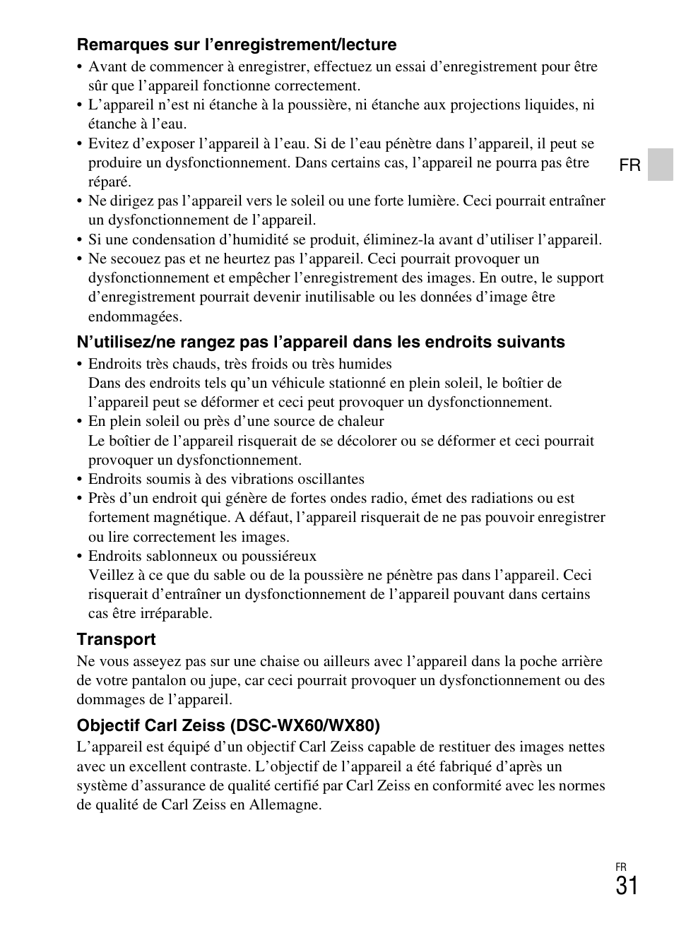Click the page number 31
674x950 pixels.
(626, 886)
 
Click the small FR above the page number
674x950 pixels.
(621, 867)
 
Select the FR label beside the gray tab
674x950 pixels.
(629, 165)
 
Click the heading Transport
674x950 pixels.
(116, 639)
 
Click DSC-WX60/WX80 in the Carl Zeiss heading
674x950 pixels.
(305, 725)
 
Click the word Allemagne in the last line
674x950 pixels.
(285, 804)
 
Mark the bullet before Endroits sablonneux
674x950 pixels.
(80, 557)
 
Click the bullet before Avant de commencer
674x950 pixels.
(80, 67)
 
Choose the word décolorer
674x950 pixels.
(365, 441)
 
